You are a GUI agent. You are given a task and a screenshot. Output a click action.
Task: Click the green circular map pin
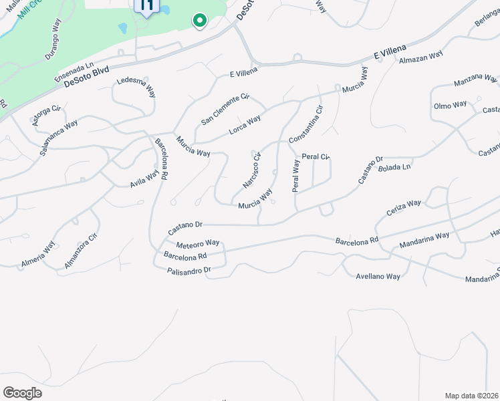[199, 21]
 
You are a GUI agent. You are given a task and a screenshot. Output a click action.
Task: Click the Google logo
[22, 393]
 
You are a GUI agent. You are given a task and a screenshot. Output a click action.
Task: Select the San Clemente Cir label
[225, 110]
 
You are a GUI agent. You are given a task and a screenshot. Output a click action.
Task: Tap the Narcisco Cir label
[251, 170]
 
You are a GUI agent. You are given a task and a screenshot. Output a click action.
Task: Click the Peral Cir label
[316, 157]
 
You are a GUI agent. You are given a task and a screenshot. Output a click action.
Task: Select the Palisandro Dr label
[189, 270]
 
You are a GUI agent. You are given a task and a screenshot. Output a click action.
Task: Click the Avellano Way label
[378, 276]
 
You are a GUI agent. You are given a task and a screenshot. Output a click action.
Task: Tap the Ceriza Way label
[404, 208]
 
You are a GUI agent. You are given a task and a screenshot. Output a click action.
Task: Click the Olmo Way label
[451, 106]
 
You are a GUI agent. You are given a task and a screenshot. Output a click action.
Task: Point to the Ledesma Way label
[136, 88]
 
